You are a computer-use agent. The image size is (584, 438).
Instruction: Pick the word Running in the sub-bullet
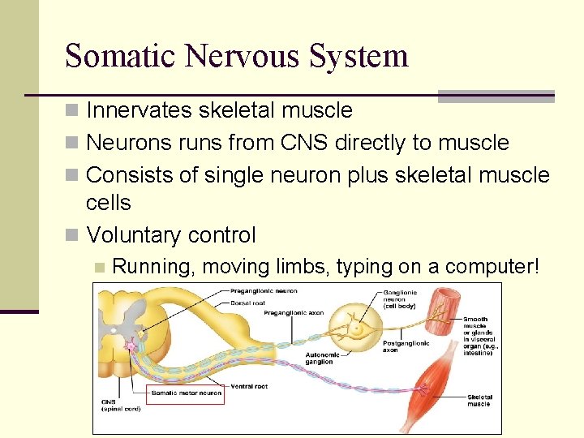pos(153,266)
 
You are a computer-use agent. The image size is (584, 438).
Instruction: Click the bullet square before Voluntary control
pos(73,236)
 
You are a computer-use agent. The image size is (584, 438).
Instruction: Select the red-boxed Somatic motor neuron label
pos(186,393)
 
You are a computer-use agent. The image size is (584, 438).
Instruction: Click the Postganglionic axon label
pos(401,347)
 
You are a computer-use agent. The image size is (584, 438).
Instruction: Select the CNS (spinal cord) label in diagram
pos(119,406)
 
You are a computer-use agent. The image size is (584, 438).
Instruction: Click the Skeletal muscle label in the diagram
pos(479,400)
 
